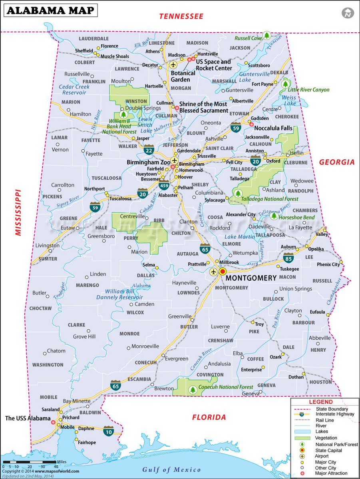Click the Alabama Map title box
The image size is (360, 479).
pos(50,10)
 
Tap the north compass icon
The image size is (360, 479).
pos(348,13)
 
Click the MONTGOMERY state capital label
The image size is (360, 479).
pos(251,278)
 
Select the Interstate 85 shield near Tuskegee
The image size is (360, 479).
pos(288,257)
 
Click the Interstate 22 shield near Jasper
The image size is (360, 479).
pos(149,150)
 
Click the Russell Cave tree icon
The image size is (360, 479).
pos(267,35)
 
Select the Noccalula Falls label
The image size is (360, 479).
pos(276,129)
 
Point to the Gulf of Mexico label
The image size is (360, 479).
pos(171,469)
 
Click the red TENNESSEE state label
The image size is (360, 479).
pos(181,16)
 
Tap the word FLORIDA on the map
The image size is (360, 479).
pos(209,417)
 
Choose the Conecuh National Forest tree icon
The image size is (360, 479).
pos(193,389)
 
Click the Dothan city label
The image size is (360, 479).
pos(296,377)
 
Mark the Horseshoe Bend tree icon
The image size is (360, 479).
pos(274,216)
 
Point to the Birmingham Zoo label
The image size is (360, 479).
pos(148,162)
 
